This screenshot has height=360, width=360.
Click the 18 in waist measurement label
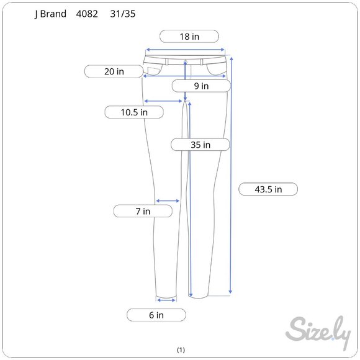(x=189, y=36)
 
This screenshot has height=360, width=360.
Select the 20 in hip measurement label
(x=114, y=71)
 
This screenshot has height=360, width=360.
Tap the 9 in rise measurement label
(x=201, y=86)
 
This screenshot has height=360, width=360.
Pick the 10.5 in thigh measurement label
(x=134, y=112)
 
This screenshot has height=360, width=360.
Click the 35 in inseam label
(x=200, y=145)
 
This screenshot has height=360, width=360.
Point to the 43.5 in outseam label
(x=268, y=189)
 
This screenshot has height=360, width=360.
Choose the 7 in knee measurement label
(x=143, y=211)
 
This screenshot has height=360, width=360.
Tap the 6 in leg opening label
(x=156, y=315)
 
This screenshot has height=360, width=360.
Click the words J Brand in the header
(x=50, y=14)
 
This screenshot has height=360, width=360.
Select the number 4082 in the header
(x=87, y=14)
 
